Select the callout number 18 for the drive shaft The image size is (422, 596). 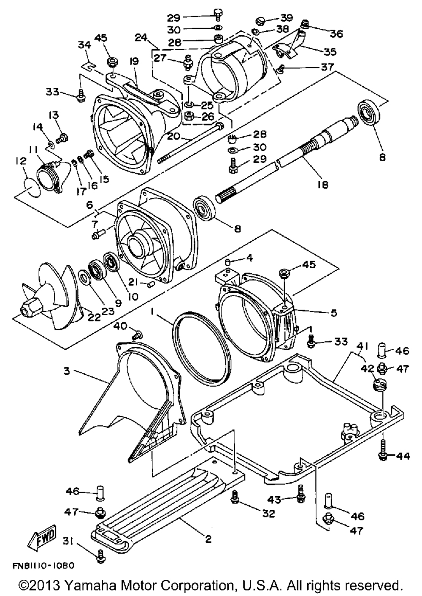tap(322, 185)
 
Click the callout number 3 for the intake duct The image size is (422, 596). tap(67, 370)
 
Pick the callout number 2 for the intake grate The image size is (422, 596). tap(208, 539)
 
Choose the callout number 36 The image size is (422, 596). tap(336, 33)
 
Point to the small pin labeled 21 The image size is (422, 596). tap(150, 285)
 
